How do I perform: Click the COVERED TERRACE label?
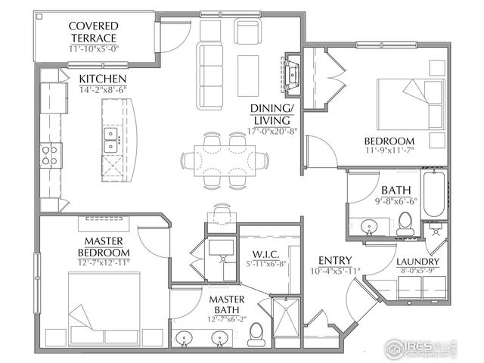tap(95, 30)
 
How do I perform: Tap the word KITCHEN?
tap(102, 79)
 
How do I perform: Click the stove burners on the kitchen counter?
tap(51, 155)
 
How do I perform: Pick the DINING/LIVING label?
tap(275, 113)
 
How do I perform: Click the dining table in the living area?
tap(225, 160)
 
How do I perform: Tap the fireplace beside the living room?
tap(292, 73)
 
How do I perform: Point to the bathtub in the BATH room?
tap(435, 194)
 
